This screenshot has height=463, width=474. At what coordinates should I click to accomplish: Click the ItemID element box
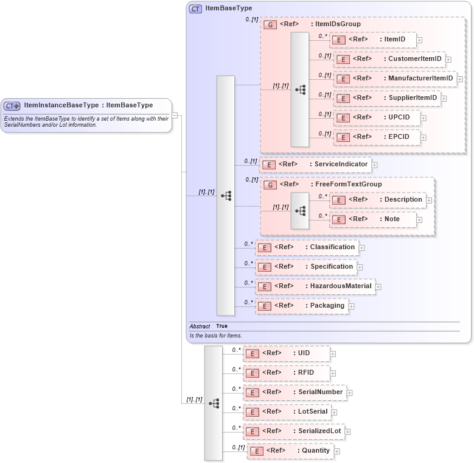click(372, 40)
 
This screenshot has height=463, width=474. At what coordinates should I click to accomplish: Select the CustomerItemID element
click(389, 59)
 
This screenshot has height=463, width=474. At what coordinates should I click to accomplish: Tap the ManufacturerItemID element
click(395, 79)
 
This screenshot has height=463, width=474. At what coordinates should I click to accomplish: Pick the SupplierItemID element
click(387, 98)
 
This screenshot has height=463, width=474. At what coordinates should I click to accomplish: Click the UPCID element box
click(377, 118)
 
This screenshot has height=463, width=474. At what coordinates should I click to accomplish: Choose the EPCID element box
click(377, 137)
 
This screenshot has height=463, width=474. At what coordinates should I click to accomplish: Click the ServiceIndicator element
click(315, 164)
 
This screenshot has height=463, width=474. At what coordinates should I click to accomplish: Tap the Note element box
click(372, 219)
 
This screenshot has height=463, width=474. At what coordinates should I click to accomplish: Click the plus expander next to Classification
click(361, 248)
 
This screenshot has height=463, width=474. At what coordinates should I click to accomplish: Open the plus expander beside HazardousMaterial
click(378, 286)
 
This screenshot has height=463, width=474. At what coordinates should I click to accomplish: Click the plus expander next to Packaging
click(351, 306)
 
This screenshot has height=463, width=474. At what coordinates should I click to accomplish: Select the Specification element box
click(305, 267)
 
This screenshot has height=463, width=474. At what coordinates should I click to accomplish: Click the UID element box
click(286, 353)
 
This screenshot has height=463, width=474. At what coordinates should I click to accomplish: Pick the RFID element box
click(287, 373)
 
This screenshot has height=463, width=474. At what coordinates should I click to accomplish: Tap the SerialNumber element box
click(295, 392)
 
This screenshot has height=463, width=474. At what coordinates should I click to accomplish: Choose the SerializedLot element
click(293, 431)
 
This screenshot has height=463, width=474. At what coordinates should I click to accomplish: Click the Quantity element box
click(290, 451)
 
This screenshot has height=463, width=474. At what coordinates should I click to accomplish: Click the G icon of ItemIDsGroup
click(270, 24)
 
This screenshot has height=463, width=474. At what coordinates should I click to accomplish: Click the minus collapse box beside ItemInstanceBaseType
click(175, 115)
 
